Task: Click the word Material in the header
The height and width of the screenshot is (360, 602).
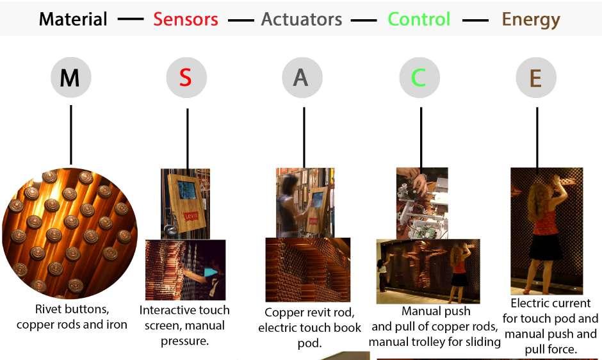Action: (73, 19)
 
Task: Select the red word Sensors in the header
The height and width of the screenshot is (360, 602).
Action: (186, 19)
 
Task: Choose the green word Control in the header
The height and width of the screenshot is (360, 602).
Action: (419, 19)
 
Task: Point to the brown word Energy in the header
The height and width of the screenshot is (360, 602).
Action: (531, 19)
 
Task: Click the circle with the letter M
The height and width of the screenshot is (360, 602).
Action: (70, 78)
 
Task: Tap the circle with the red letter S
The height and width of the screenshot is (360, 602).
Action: (186, 78)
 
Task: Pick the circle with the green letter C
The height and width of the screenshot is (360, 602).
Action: (419, 78)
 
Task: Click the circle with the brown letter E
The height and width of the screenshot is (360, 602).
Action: (536, 78)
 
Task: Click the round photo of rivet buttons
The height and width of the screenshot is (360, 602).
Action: (70, 230)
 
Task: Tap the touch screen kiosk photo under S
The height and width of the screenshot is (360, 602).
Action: (185, 203)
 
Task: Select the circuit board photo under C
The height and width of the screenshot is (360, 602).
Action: (421, 202)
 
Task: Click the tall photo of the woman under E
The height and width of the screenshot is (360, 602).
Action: (546, 231)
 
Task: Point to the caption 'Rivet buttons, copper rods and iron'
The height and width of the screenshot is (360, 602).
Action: (72, 318)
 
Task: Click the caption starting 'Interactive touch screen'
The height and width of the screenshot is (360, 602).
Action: (184, 325)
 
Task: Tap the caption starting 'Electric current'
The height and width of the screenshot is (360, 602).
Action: (550, 326)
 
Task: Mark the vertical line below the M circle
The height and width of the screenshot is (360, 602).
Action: (70, 135)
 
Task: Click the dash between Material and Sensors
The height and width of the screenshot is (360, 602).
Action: (131, 19)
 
